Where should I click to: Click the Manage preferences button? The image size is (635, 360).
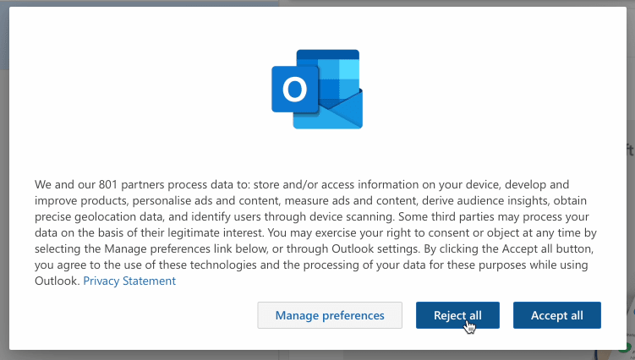(330, 315)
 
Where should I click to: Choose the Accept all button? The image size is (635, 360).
(556, 315)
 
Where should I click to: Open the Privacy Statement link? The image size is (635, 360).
(129, 281)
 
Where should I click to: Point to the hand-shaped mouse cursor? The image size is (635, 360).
(470, 325)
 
